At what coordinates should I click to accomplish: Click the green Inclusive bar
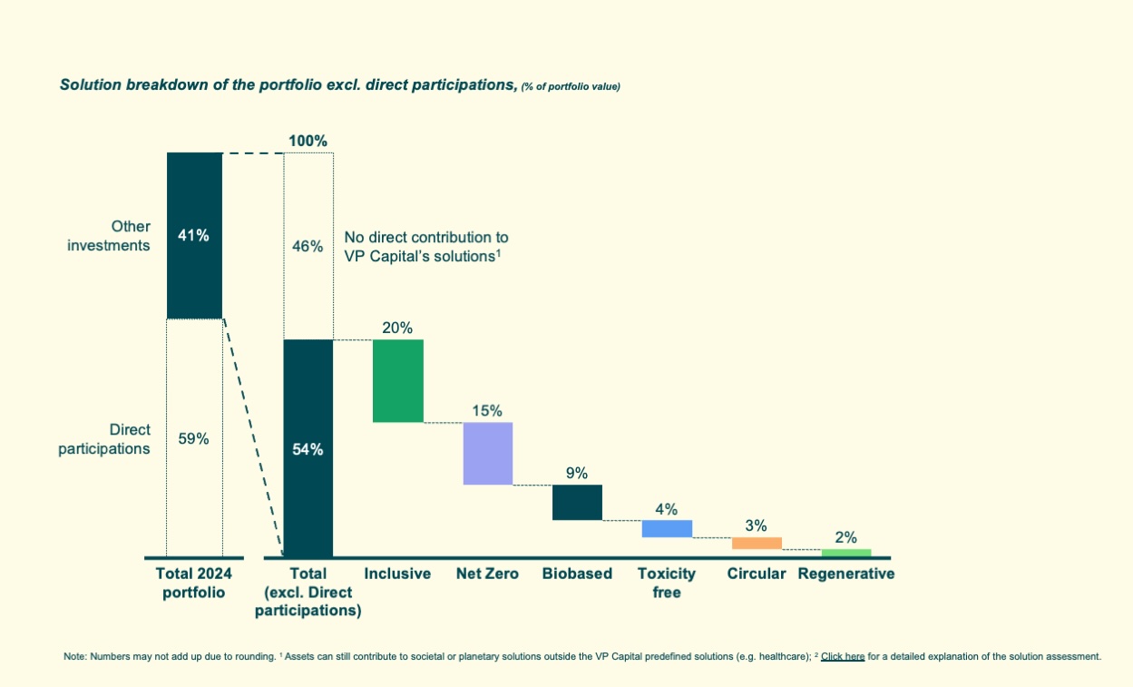(x=397, y=380)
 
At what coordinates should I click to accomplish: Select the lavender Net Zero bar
(x=487, y=453)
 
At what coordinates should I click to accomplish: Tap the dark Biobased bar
(x=577, y=502)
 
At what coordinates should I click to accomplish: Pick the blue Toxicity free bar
(x=667, y=528)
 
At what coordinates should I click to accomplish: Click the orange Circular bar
(x=757, y=543)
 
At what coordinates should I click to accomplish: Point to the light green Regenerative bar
(x=845, y=553)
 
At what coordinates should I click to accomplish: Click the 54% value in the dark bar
(x=308, y=449)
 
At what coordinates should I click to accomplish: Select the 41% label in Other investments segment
(x=194, y=236)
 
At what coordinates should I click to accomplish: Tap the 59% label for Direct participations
(x=194, y=439)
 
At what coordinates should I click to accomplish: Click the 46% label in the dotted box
(x=308, y=246)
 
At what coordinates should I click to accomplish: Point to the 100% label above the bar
(x=308, y=141)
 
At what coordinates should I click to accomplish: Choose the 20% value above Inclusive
(x=397, y=328)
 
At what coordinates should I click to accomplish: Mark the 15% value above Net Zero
(x=487, y=410)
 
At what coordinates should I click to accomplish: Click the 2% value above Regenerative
(x=845, y=537)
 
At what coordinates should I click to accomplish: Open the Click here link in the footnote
(x=842, y=656)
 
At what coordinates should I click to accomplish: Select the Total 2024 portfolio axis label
(x=194, y=583)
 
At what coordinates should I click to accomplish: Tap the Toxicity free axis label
(x=667, y=583)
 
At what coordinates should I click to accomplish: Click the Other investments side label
(x=109, y=235)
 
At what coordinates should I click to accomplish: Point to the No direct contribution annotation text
(x=425, y=246)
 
